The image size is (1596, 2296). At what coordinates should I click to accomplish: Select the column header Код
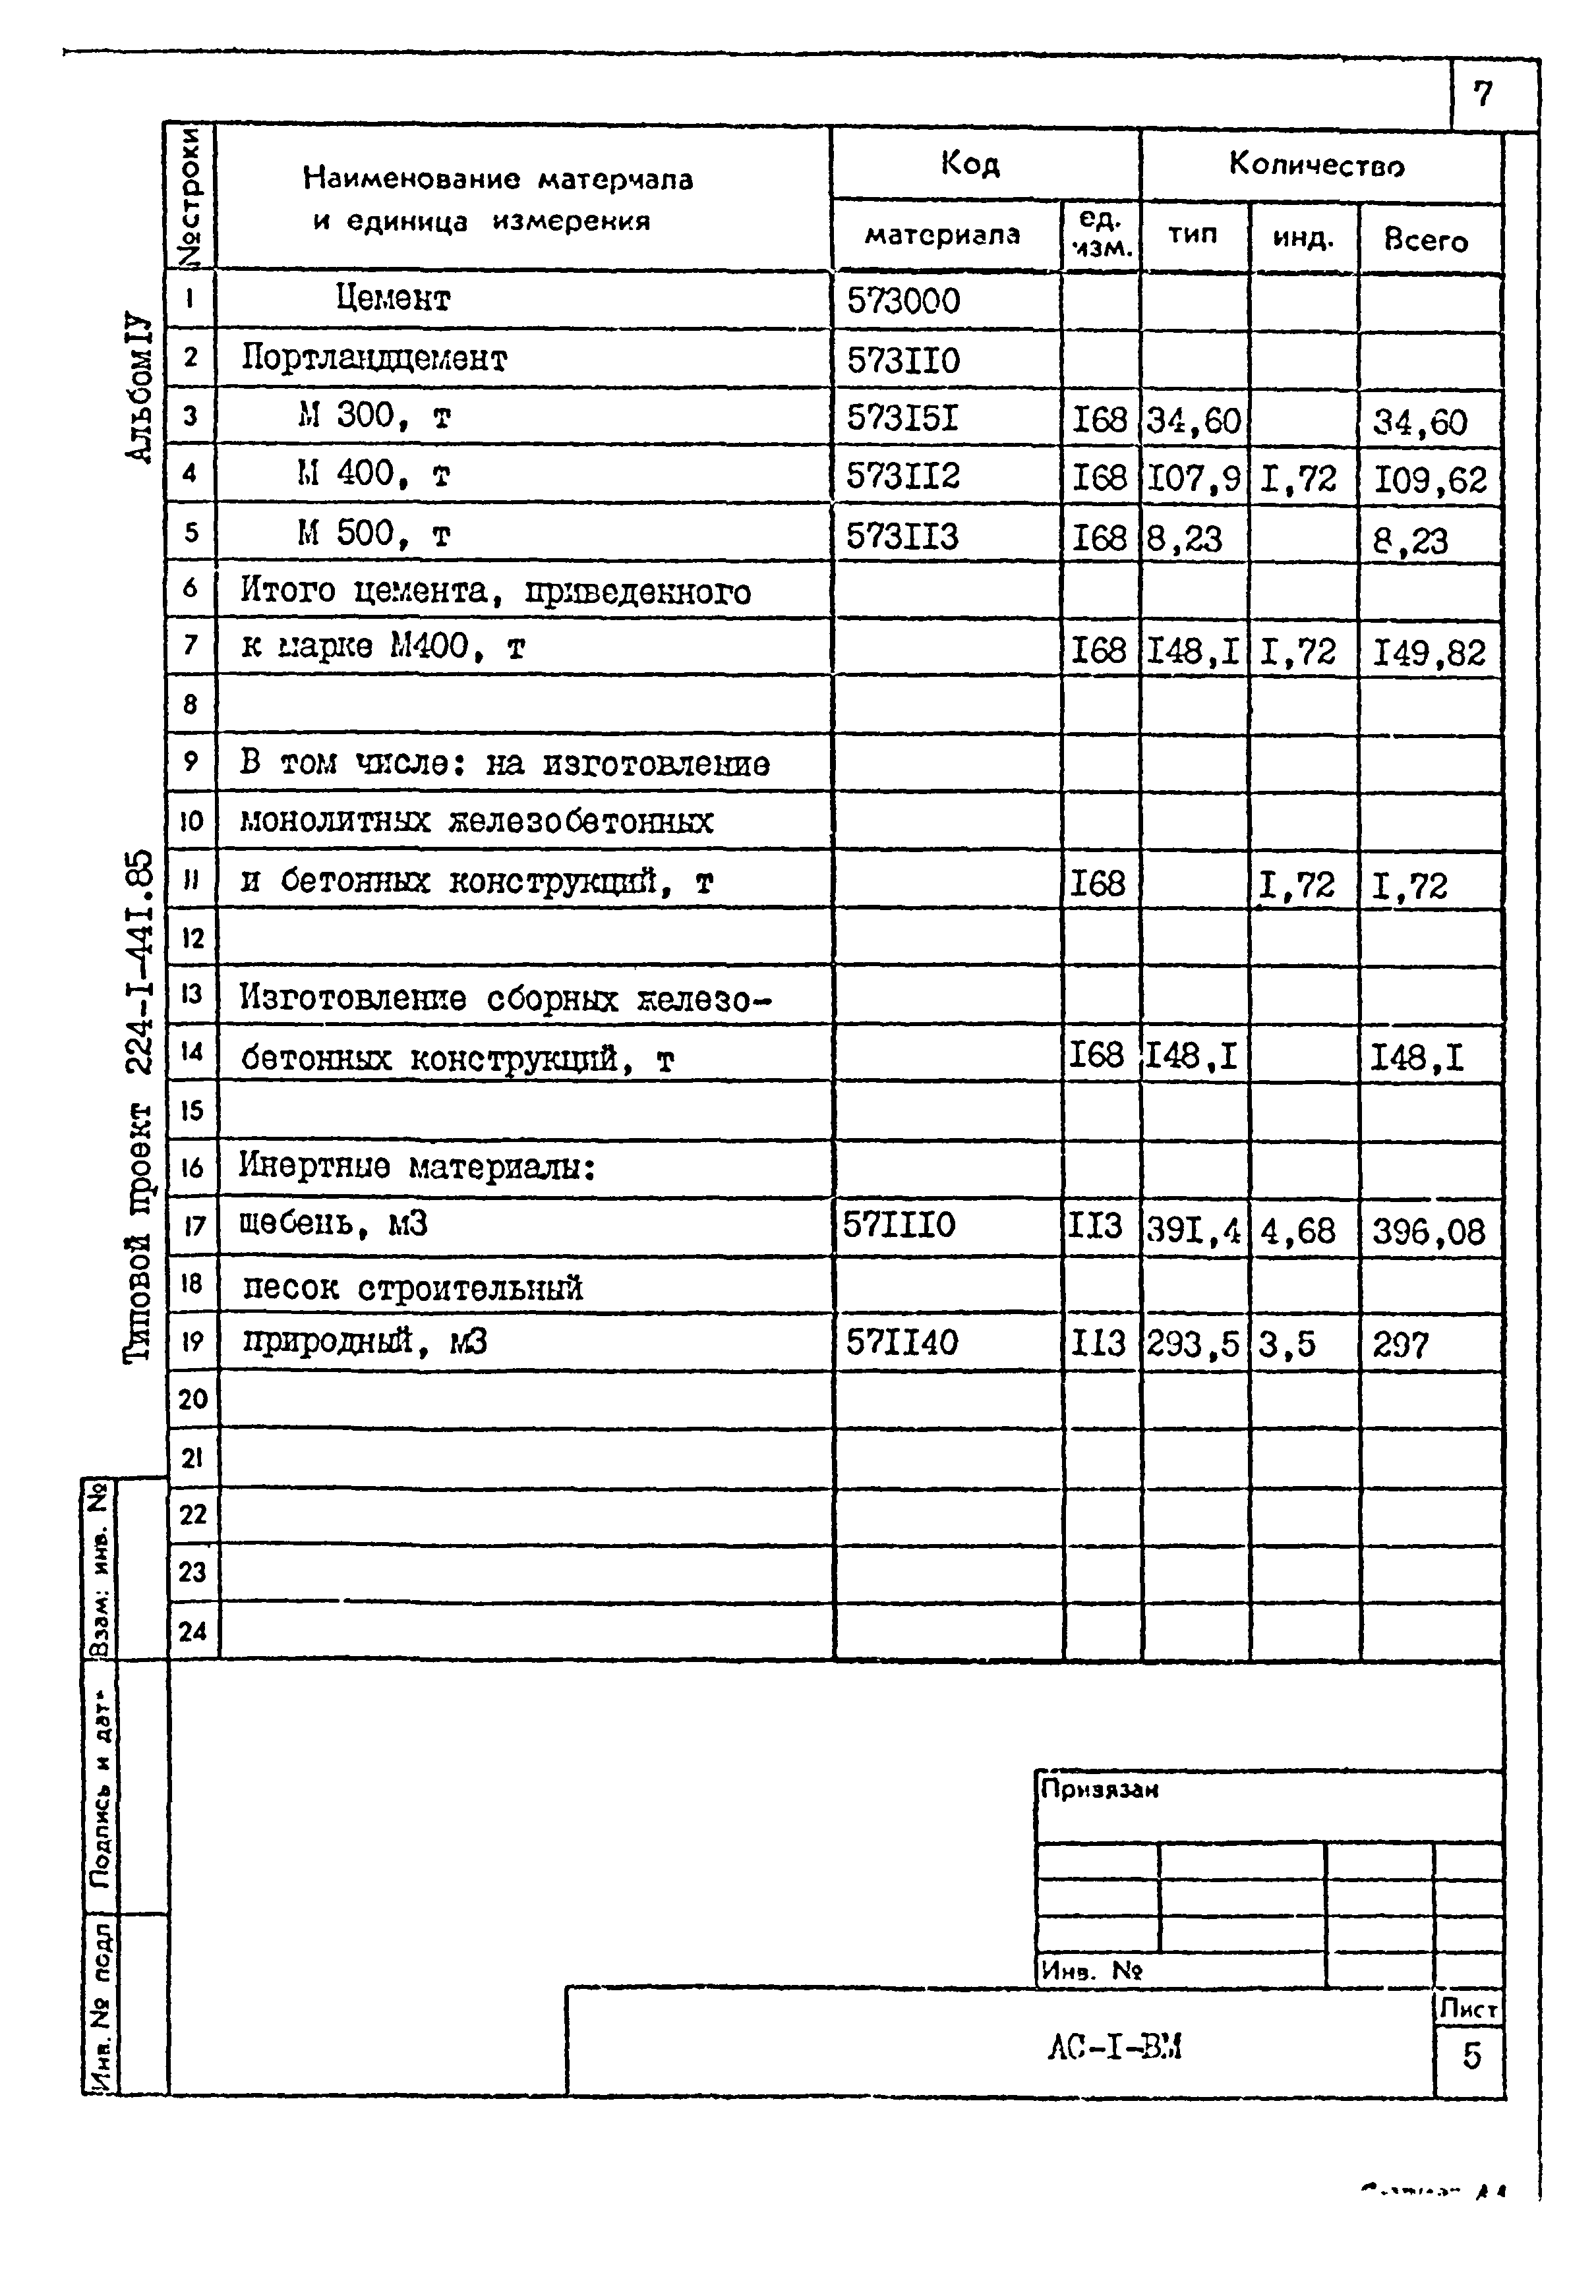coord(970,163)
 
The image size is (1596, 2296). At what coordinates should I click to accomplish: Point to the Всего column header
coord(1426,240)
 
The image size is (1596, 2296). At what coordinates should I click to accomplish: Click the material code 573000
coord(903,301)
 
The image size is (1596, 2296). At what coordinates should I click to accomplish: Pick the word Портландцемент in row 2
coord(374,358)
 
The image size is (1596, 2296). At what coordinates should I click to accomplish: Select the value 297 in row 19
coord(1400,1346)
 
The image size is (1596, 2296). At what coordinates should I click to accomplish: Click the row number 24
coord(192,1630)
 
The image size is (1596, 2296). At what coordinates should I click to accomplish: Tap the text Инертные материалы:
coord(417,1166)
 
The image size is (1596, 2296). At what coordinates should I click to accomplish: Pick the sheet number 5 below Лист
coord(1471,2055)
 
